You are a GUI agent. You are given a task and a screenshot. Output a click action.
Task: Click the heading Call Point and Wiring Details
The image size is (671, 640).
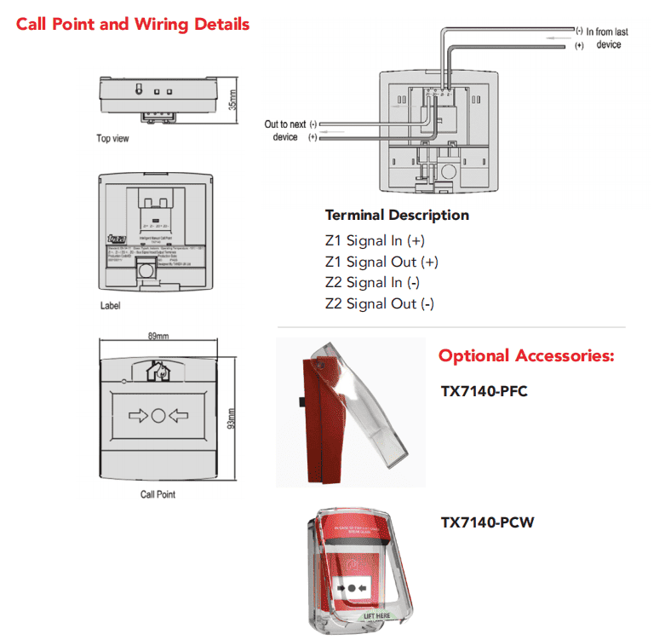[133, 23]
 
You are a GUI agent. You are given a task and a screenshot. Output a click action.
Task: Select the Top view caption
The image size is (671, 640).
[112, 139]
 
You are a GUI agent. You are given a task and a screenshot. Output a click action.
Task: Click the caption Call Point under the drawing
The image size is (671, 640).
[158, 494]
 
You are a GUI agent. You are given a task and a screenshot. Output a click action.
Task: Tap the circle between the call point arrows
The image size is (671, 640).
[158, 418]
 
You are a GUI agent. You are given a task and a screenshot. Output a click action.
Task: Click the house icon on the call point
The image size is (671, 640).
[158, 371]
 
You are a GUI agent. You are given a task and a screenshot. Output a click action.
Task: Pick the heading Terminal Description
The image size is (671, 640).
[397, 215]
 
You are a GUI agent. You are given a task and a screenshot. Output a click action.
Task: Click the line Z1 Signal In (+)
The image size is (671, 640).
[375, 240]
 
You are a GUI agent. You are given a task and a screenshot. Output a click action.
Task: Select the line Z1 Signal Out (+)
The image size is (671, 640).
[381, 262]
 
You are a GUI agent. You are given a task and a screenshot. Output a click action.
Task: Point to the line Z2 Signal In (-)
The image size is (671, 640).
[372, 282]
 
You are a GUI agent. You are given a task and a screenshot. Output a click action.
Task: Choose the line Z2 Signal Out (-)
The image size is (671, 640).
[380, 303]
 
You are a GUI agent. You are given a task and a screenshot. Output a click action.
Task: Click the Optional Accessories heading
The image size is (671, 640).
[525, 355]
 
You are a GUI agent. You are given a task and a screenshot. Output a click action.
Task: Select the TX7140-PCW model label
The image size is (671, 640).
[487, 522]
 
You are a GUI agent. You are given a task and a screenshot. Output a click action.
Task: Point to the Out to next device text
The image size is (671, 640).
[287, 130]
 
